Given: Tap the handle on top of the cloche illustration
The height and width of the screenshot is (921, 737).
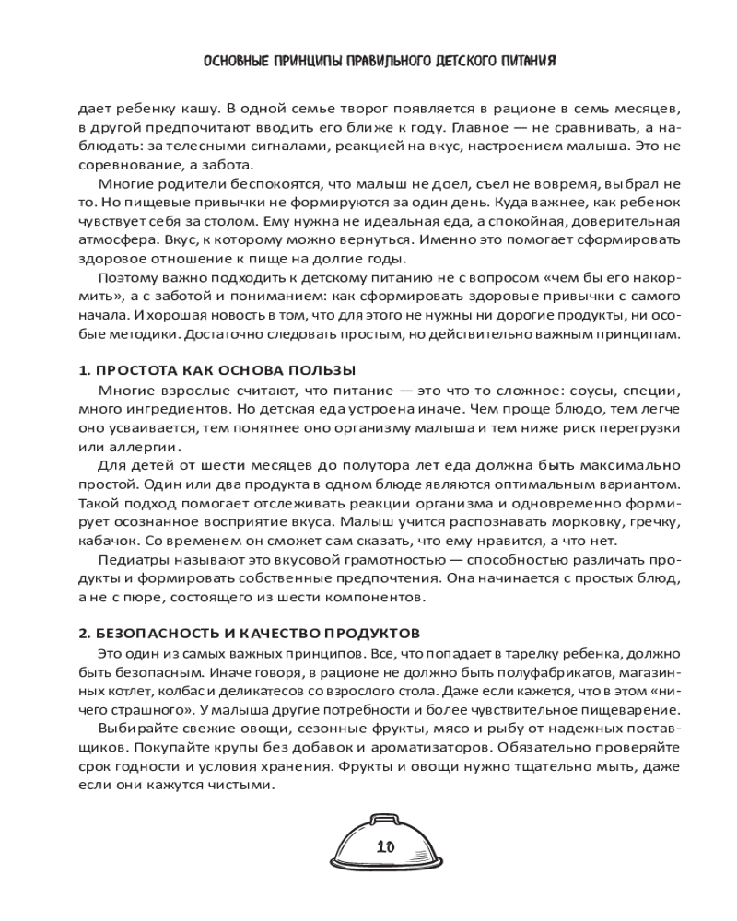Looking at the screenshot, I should tap(385, 818).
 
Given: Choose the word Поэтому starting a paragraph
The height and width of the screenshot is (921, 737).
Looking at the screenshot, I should tap(125, 277).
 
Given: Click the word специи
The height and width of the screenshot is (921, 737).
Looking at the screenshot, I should tap(652, 390).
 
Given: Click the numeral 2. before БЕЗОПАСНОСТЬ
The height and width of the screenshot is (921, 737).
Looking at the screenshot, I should tap(84, 633).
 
